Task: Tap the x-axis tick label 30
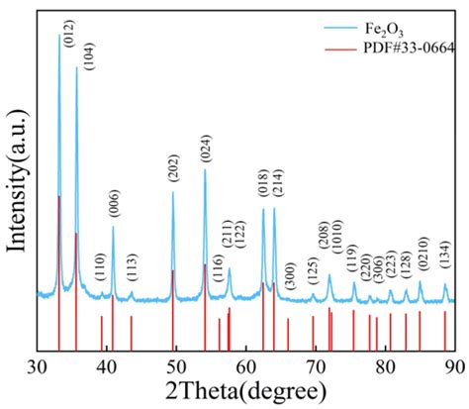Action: [38, 365]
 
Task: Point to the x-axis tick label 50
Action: [176, 365]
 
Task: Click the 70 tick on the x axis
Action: [316, 365]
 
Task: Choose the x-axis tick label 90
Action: [453, 365]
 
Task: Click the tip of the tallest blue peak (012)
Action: [58, 36]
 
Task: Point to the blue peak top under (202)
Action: [173, 192]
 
